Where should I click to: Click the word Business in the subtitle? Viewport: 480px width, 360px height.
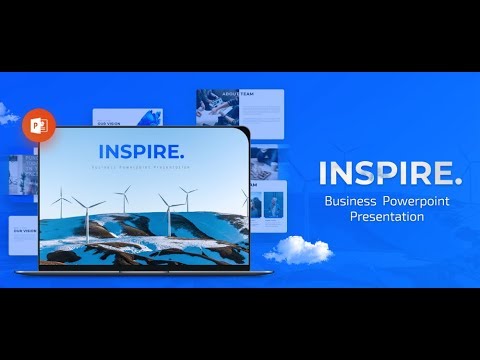pyautogui.click(x=350, y=202)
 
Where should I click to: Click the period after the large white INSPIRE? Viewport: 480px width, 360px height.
pyautogui.click(x=458, y=182)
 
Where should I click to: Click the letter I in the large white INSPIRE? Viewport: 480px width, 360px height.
pyautogui.click(x=324, y=173)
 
